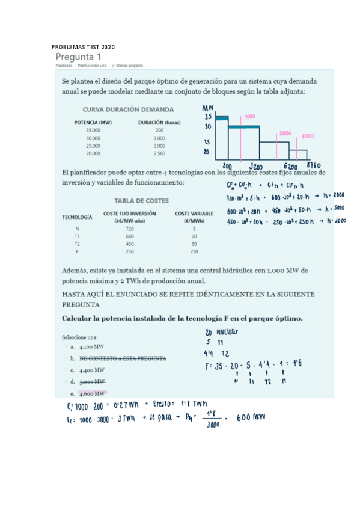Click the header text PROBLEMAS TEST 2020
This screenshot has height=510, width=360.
tap(83, 47)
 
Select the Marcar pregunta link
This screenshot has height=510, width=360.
tap(127, 66)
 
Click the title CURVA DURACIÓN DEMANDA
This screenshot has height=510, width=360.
tap(128, 109)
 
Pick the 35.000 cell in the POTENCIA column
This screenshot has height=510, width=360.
tap(93, 130)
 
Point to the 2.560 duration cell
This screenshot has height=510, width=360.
tap(159, 153)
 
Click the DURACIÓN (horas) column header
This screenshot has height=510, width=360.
tap(159, 122)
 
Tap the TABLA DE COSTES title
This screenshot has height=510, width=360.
tap(141, 200)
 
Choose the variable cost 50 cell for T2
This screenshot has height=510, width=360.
tap(194, 244)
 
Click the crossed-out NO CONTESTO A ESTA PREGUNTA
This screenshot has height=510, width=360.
tap(123, 358)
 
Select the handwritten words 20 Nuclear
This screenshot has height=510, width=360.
tap(222, 331)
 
